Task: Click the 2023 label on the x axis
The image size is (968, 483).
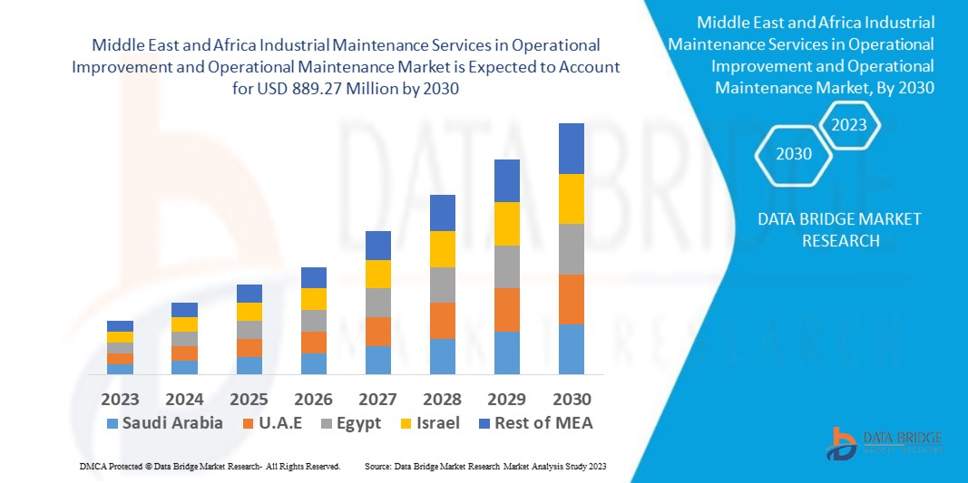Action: pyautogui.click(x=120, y=400)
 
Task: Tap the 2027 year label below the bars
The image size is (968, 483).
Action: pyautogui.click(x=377, y=400)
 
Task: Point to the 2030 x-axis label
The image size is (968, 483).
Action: pyautogui.click(x=572, y=400)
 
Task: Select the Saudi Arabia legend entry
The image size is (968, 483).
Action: pyautogui.click(x=164, y=423)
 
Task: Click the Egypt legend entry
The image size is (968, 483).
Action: pyautogui.click(x=353, y=423)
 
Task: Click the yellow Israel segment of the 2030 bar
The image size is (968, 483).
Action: pyautogui.click(x=572, y=198)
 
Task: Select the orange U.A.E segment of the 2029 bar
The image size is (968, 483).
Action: pyautogui.click(x=507, y=310)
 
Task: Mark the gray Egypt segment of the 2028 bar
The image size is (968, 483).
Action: pyautogui.click(x=442, y=285)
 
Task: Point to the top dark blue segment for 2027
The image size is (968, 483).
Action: pyautogui.click(x=377, y=246)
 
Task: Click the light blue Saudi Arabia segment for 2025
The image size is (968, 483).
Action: pyautogui.click(x=249, y=365)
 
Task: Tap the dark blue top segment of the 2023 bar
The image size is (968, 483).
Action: pyautogui.click(x=120, y=326)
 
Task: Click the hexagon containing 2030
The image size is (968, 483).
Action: pyautogui.click(x=794, y=154)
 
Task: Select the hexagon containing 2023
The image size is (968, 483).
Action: pyautogui.click(x=849, y=125)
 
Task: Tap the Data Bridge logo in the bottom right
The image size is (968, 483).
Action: pyautogui.click(x=884, y=441)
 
